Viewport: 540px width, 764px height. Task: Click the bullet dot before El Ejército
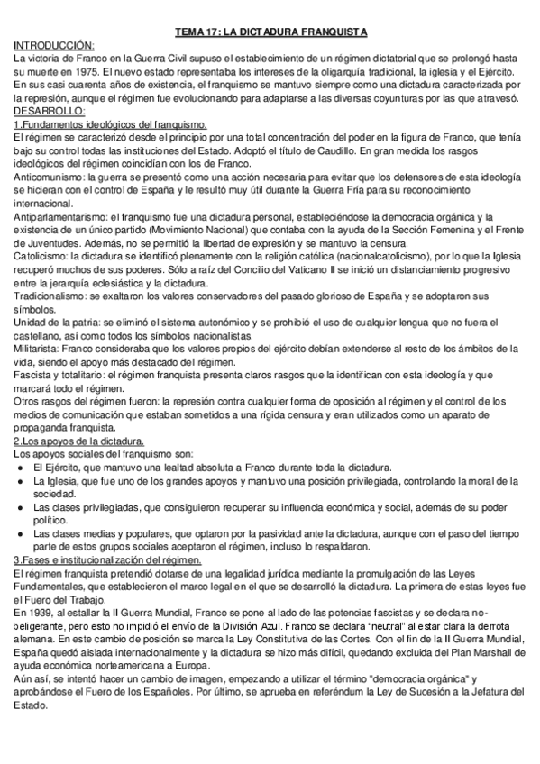(x=22, y=468)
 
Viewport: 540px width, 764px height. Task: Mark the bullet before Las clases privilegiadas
(x=22, y=509)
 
